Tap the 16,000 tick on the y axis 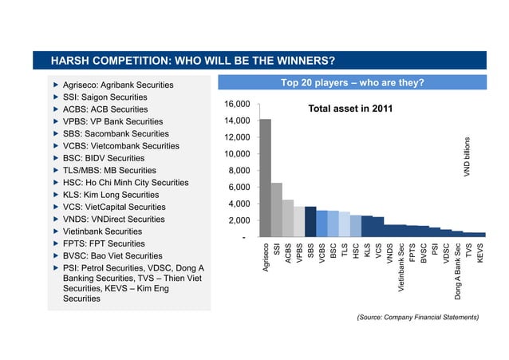238,105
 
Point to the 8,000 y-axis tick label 240,171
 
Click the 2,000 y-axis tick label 240,220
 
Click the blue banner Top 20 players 352,83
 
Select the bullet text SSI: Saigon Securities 105,97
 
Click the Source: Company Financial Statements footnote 419,317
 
